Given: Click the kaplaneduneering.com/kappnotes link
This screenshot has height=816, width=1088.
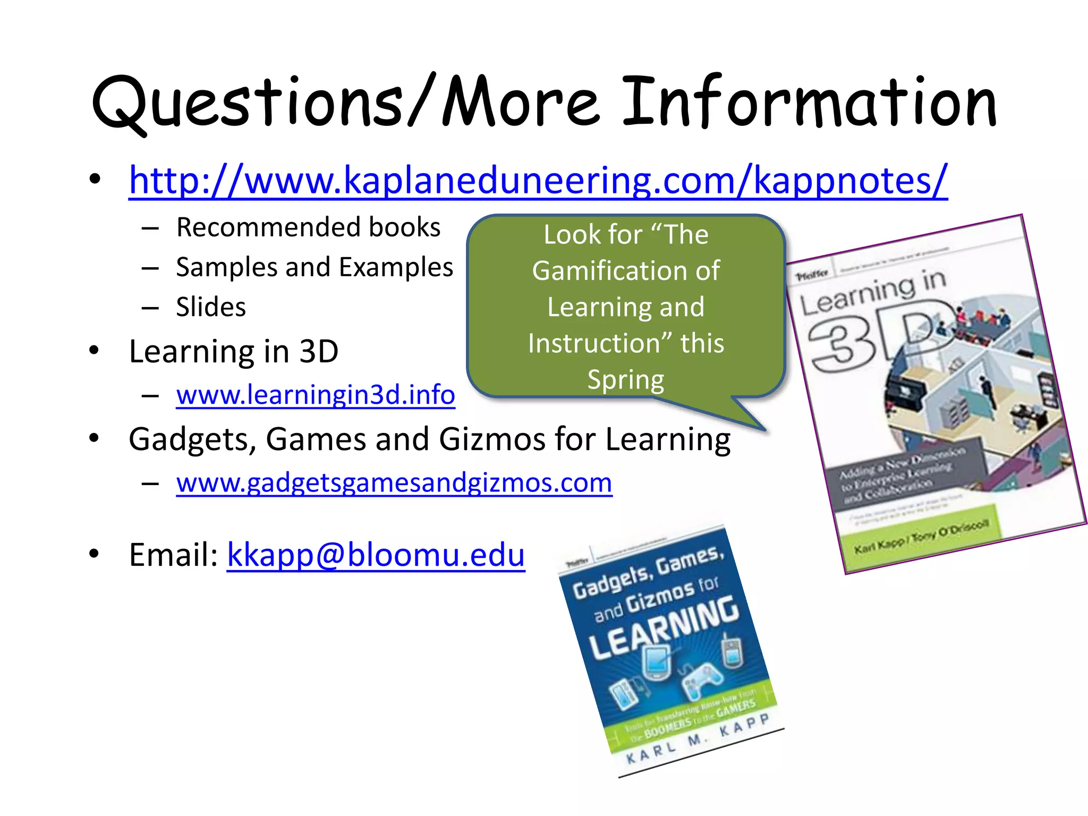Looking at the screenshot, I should tap(538, 181).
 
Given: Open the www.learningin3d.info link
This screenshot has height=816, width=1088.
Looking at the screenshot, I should tap(316, 395).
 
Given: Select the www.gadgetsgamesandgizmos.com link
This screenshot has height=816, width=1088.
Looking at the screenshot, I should tap(394, 482).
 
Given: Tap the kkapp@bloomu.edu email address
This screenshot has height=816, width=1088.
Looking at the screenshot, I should tap(376, 555).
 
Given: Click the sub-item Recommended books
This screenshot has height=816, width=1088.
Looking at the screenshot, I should tap(308, 227).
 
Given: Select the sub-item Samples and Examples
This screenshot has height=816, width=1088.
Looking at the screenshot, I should tap(314, 267).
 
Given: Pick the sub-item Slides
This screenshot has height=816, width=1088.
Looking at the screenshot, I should tap(211, 307).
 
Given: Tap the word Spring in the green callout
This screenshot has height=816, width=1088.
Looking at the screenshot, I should tap(626, 379).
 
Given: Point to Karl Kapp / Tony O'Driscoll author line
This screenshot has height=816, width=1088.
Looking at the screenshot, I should tap(921, 537).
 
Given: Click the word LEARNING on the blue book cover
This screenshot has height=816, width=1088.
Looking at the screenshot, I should tap(664, 627).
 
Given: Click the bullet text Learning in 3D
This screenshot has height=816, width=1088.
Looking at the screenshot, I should tap(234, 351).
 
